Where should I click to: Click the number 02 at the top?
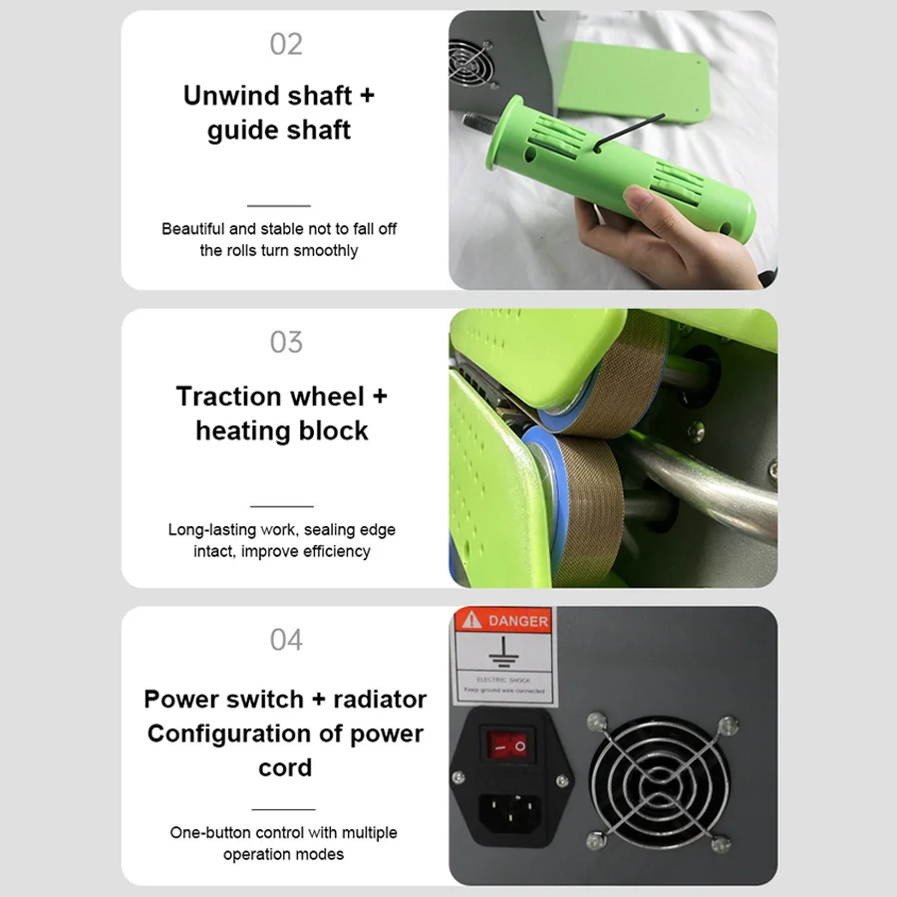pos(286,44)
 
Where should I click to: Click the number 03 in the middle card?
pos(286,342)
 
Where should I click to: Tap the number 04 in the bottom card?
pos(286,639)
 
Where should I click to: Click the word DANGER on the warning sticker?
pos(518,621)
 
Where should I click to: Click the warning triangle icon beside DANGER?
pos(471,620)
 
